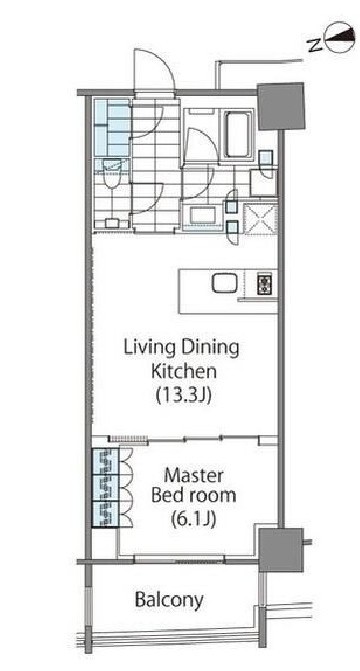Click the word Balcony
tap(169, 600)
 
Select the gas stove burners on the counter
tap(263, 283)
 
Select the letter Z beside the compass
tap(314, 43)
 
